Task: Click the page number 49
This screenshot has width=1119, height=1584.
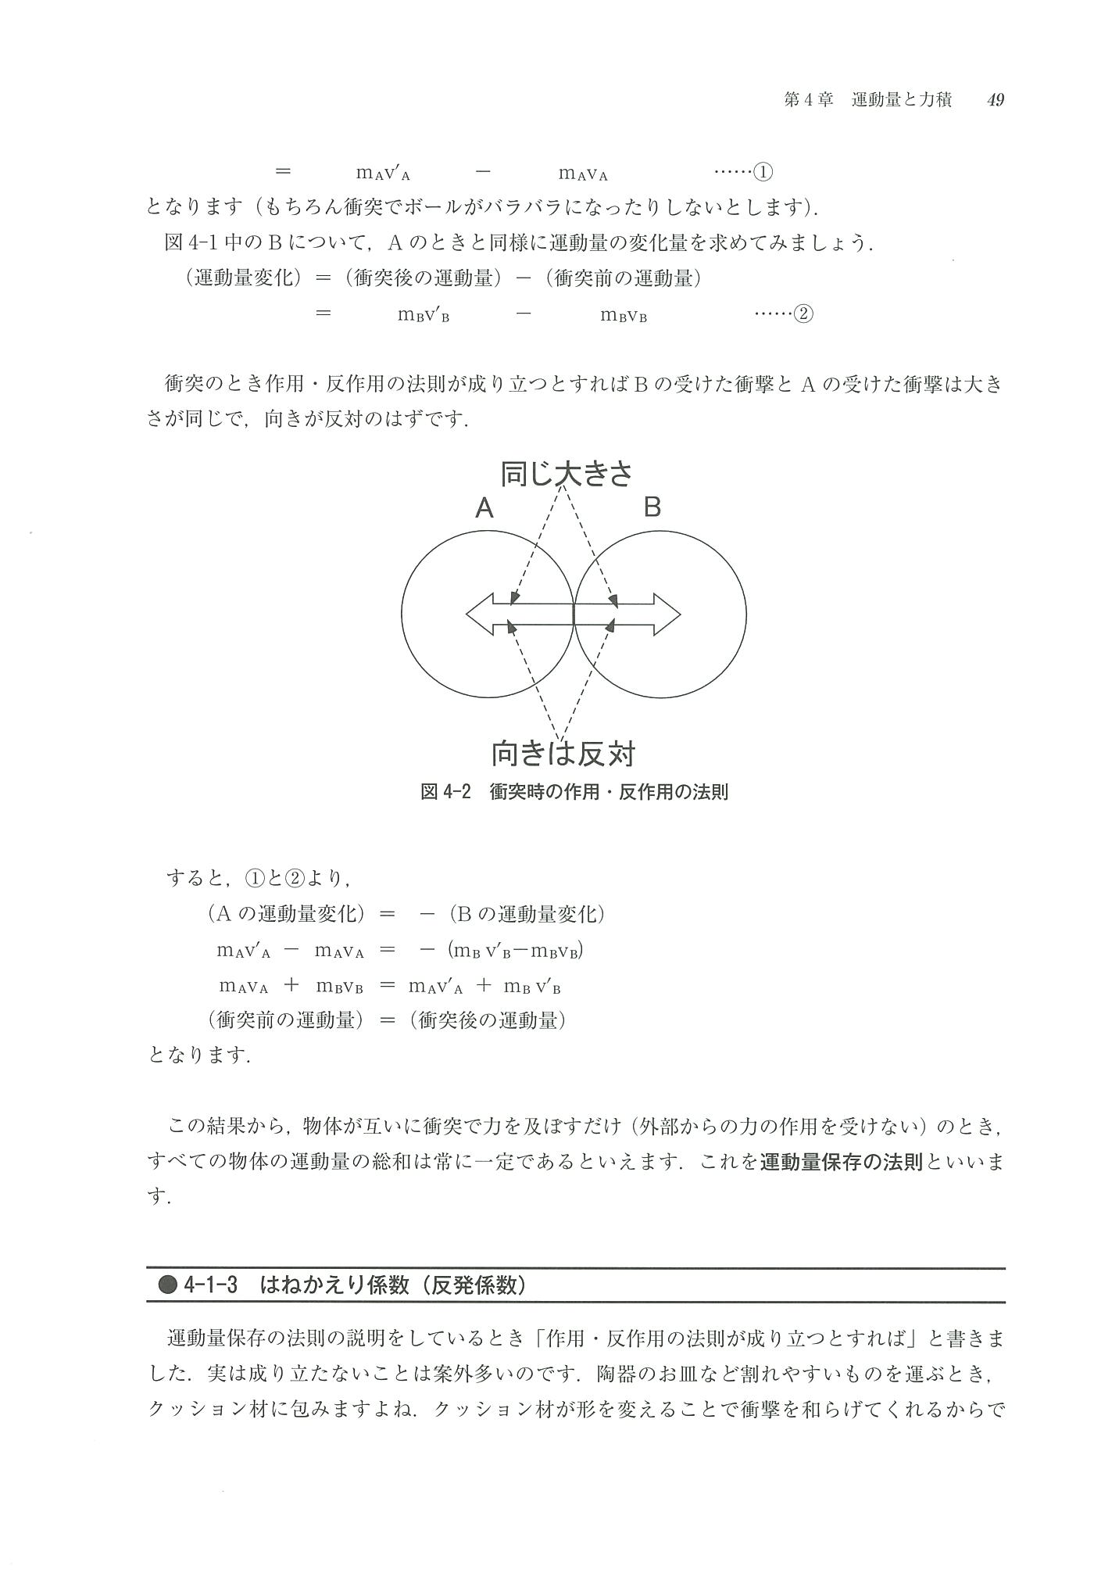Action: click(995, 100)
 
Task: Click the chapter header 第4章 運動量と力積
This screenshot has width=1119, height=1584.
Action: click(867, 100)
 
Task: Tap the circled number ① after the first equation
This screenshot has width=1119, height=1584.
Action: click(762, 172)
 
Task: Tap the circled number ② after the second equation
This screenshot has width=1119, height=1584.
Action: click(803, 314)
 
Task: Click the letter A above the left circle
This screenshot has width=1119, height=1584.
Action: click(484, 509)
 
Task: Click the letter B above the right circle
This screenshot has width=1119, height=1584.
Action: click(652, 507)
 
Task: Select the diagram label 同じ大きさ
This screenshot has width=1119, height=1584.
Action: click(566, 474)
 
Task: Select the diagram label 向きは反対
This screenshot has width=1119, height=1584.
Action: click(563, 754)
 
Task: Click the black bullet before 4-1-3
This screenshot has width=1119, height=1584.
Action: click(167, 1285)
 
